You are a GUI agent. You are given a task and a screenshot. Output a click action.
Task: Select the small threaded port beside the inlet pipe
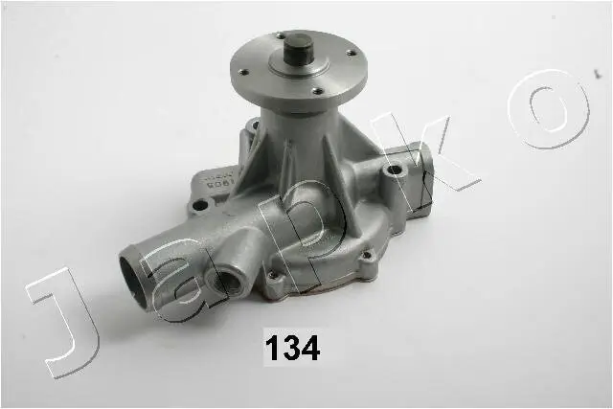tap(229, 282)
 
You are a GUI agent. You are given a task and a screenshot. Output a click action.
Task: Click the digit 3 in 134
tap(290, 346)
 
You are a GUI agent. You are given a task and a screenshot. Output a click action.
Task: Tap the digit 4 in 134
tap(309, 346)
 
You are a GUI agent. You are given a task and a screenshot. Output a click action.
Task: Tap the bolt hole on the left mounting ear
tap(200, 205)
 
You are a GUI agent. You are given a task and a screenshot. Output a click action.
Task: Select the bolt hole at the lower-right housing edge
tap(365, 256)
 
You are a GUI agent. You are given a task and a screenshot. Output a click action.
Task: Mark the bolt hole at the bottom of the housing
tap(276, 278)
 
